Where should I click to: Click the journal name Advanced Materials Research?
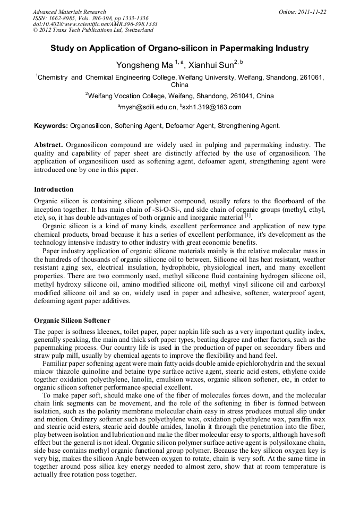point(69,12)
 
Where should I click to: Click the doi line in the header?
point(95,24)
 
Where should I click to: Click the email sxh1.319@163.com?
point(212,107)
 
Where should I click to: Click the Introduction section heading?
point(54,189)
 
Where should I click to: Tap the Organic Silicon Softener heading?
point(72,321)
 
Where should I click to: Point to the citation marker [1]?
point(248,215)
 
